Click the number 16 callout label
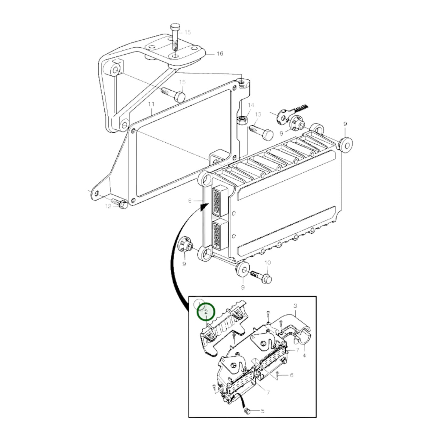(x=220, y=54)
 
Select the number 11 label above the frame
(x=151, y=104)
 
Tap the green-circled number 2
(x=206, y=312)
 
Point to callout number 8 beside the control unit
(x=190, y=201)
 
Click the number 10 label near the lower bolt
(x=267, y=262)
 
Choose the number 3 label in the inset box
(x=295, y=305)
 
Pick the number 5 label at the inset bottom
(x=262, y=411)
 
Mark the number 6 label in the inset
(x=291, y=375)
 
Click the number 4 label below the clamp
(x=304, y=355)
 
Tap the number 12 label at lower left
(x=108, y=206)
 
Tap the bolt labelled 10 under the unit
(x=261, y=276)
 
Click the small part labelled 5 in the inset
(x=248, y=412)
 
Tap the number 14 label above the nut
(x=251, y=105)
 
